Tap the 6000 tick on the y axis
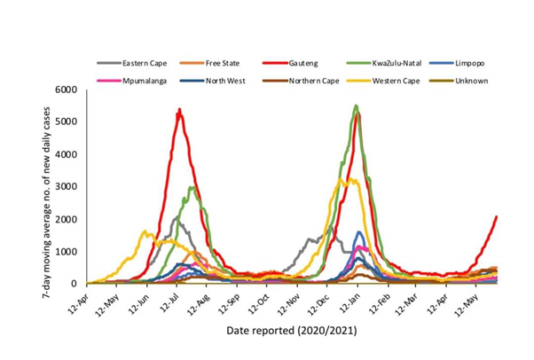67,90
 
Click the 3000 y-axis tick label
67,187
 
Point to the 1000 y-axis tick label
67,252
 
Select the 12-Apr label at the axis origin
77,299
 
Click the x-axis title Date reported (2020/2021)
292,331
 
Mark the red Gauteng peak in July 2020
179,110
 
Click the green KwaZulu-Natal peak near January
356,106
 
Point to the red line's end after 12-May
496,216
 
